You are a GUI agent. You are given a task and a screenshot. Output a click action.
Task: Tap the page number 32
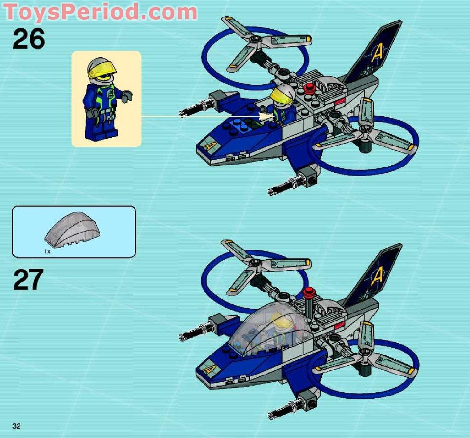[17, 426]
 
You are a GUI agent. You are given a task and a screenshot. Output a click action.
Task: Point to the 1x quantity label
[47, 251]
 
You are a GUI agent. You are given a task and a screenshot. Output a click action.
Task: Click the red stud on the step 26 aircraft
[308, 88]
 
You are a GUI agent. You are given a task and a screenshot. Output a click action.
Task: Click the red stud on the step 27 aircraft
[308, 292]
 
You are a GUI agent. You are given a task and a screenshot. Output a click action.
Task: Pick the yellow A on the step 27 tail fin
[377, 277]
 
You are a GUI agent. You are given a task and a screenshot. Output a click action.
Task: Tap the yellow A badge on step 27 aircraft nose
[209, 369]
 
